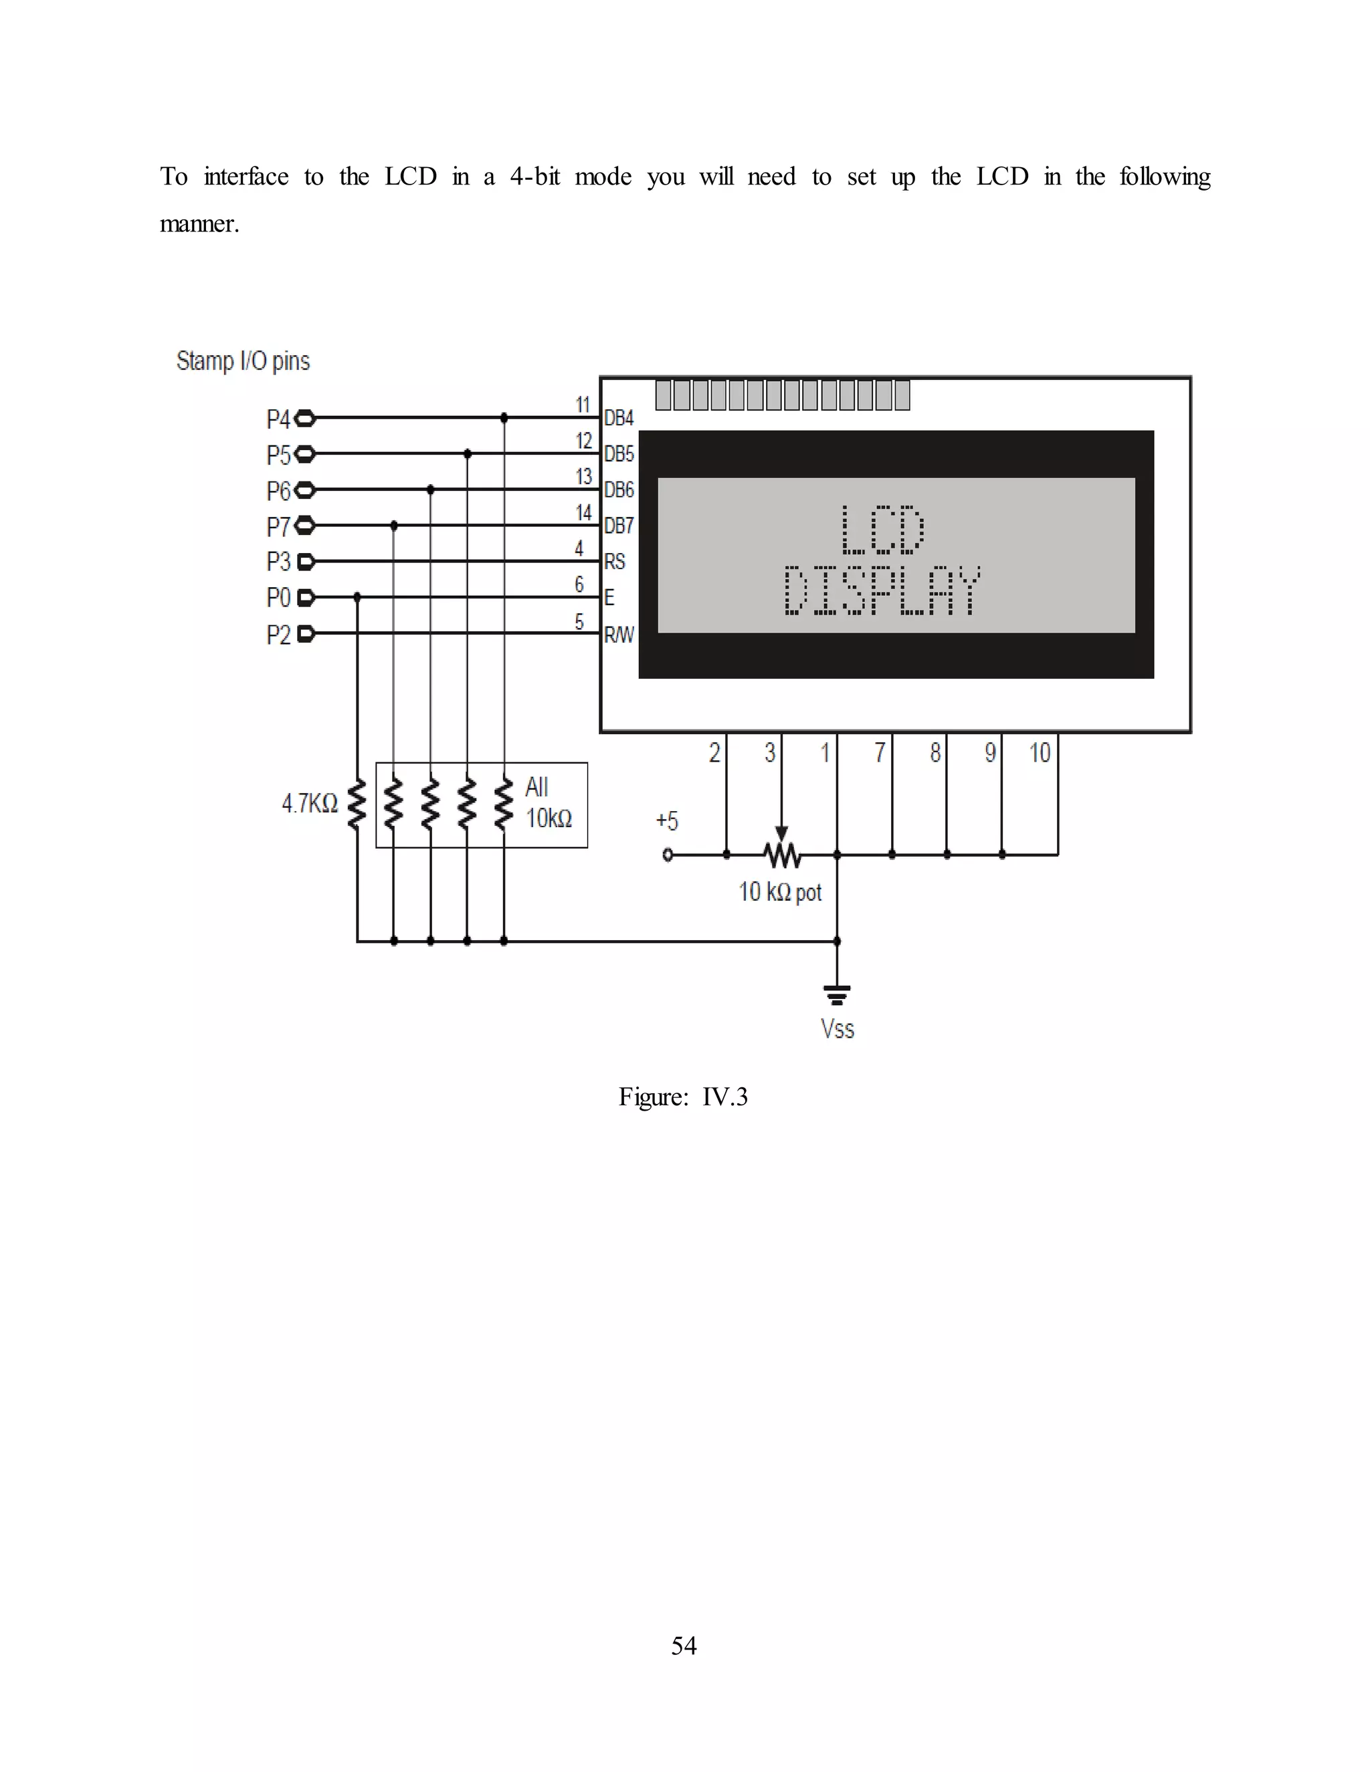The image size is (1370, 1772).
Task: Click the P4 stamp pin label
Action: [278, 419]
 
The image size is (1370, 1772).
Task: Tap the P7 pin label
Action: [278, 528]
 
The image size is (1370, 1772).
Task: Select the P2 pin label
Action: [278, 635]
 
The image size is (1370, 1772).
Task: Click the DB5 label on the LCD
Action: [619, 454]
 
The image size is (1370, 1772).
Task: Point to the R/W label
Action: [619, 635]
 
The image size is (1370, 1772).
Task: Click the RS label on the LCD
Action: [614, 562]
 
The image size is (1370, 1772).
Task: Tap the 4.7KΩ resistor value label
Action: [309, 803]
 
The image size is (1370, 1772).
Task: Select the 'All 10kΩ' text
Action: [548, 803]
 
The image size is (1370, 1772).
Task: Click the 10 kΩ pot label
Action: [780, 893]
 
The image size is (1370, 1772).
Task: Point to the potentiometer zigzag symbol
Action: [781, 855]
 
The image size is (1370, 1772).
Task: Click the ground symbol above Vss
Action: [837, 995]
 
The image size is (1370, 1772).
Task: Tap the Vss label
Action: [837, 1029]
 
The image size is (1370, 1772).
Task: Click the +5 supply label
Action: [666, 821]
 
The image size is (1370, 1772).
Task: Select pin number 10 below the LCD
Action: [1040, 753]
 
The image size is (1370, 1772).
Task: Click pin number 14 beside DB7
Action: [583, 513]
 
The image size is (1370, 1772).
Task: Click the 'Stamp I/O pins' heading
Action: [243, 361]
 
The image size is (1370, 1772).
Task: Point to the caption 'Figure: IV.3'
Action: [682, 1097]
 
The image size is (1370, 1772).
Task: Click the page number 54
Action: [684, 1646]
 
